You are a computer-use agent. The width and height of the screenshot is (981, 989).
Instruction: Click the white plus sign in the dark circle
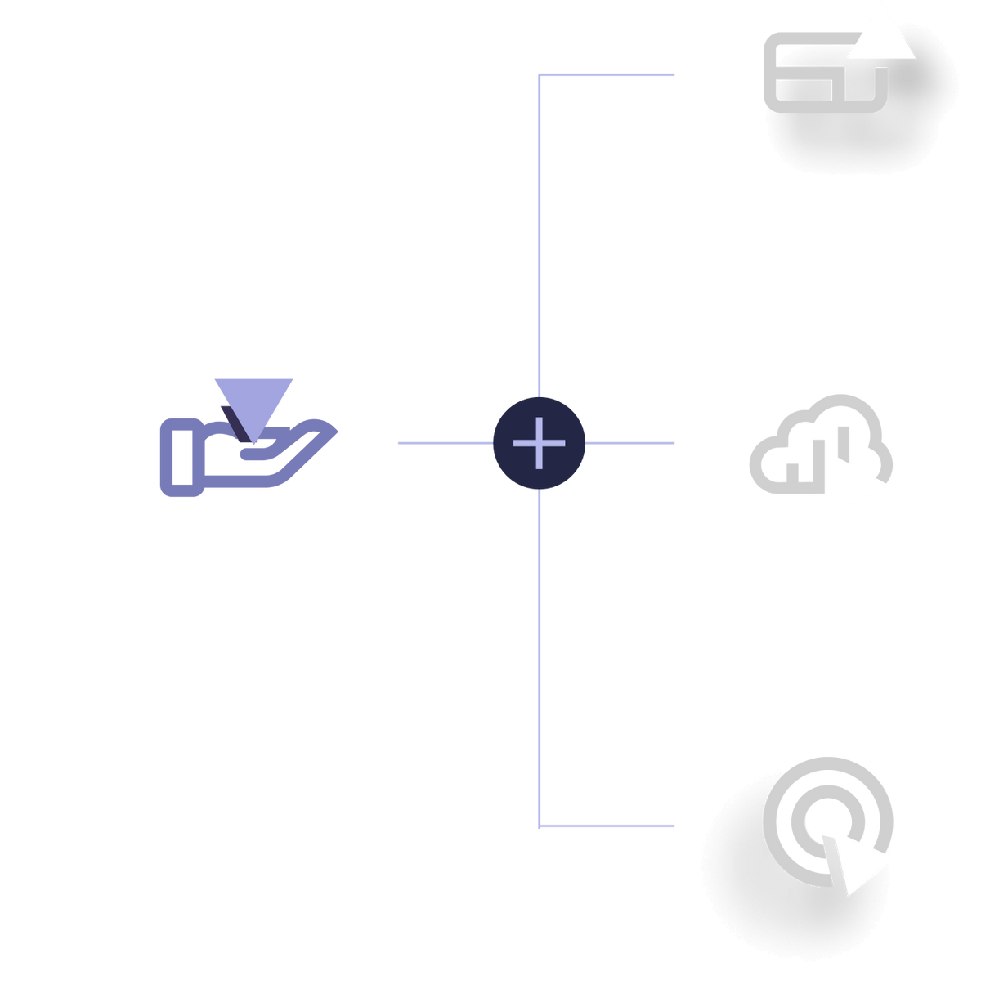[x=539, y=443]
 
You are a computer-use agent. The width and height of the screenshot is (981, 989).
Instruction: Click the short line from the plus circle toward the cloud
[x=631, y=443]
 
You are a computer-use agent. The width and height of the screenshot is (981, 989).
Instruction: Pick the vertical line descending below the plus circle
[x=540, y=654]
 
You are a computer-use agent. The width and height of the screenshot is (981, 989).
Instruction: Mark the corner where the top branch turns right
[x=540, y=75]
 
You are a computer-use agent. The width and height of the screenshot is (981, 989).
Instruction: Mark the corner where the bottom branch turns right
[x=540, y=826]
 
